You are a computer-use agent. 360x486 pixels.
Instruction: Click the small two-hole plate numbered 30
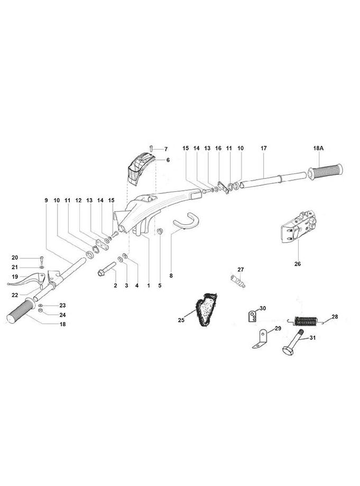click(253, 316)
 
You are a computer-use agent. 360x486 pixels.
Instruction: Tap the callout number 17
click(263, 149)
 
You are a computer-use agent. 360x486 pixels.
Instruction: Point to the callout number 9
click(46, 201)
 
